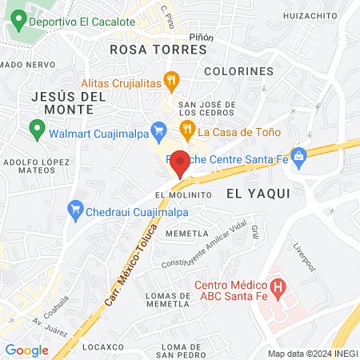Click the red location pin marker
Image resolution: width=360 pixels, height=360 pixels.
pos(180,162)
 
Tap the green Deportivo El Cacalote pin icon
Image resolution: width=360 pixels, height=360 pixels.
pos(17,22)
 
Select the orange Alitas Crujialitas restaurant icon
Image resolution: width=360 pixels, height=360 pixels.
pos(170,80)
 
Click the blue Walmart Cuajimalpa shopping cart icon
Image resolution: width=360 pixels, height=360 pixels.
pos(158,129)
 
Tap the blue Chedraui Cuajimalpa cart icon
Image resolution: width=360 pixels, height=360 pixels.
pos(76,210)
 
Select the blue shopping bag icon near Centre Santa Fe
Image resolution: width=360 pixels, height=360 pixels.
pos(298,154)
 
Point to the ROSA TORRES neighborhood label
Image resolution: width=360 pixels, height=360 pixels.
pos(158,49)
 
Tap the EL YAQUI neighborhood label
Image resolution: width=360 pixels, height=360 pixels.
pos(258,193)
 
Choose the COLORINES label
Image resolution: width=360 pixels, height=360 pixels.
pos(239,71)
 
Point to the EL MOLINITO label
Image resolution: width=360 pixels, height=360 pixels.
pos(183,194)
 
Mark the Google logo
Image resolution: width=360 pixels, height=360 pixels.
pos(26,350)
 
